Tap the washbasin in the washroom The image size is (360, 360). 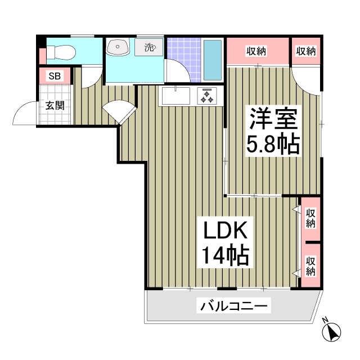pyautogui.click(x=118, y=47)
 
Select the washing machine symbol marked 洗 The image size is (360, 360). pyautogui.click(x=148, y=47)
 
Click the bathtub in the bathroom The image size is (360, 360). pyautogui.click(x=212, y=60)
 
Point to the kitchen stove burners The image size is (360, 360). pyautogui.click(x=206, y=96)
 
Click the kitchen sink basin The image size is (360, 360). pyautogui.click(x=177, y=96)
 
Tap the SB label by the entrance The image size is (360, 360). pyautogui.click(x=55, y=76)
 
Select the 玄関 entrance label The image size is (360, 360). pyautogui.click(x=55, y=105)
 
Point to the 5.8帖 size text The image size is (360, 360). pyautogui.click(x=273, y=145)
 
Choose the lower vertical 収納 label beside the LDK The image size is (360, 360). pyautogui.click(x=310, y=265)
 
